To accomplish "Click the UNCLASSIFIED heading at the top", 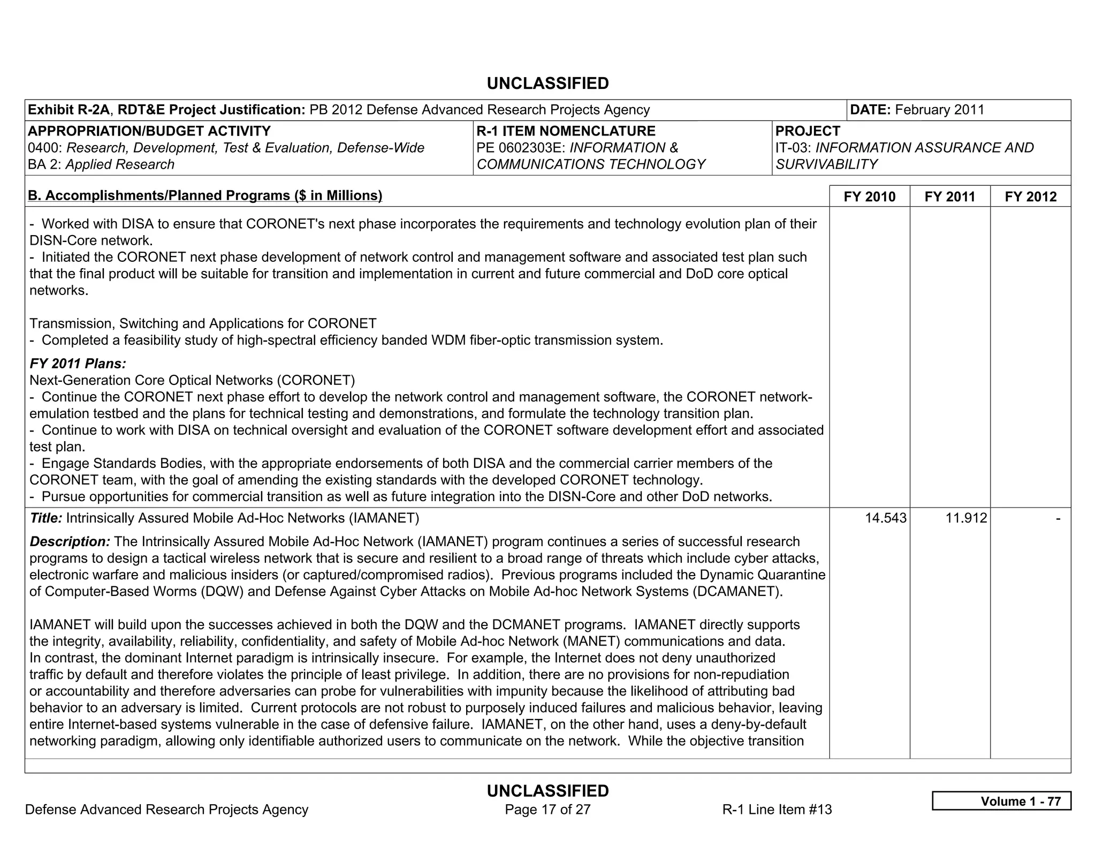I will [547, 84].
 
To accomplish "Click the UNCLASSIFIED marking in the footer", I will [547, 791].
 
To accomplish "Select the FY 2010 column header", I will [869, 196].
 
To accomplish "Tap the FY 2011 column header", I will [949, 196].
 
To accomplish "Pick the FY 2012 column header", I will [1030, 196].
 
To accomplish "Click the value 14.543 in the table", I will [886, 518].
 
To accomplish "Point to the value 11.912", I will [966, 518].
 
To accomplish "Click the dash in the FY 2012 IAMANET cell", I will [1057, 518].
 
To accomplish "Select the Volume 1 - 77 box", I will [1001, 801].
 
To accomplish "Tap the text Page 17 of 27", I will [547, 810].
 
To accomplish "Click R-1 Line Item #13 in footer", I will [777, 810].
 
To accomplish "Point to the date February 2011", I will [939, 110].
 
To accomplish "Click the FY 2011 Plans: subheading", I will [78, 364].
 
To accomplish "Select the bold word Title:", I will [46, 518].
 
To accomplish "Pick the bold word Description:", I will [70, 542].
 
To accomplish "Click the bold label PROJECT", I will [808, 131].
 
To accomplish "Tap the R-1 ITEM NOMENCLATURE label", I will [566, 131].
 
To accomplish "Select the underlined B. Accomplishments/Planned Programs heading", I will [205, 195].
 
